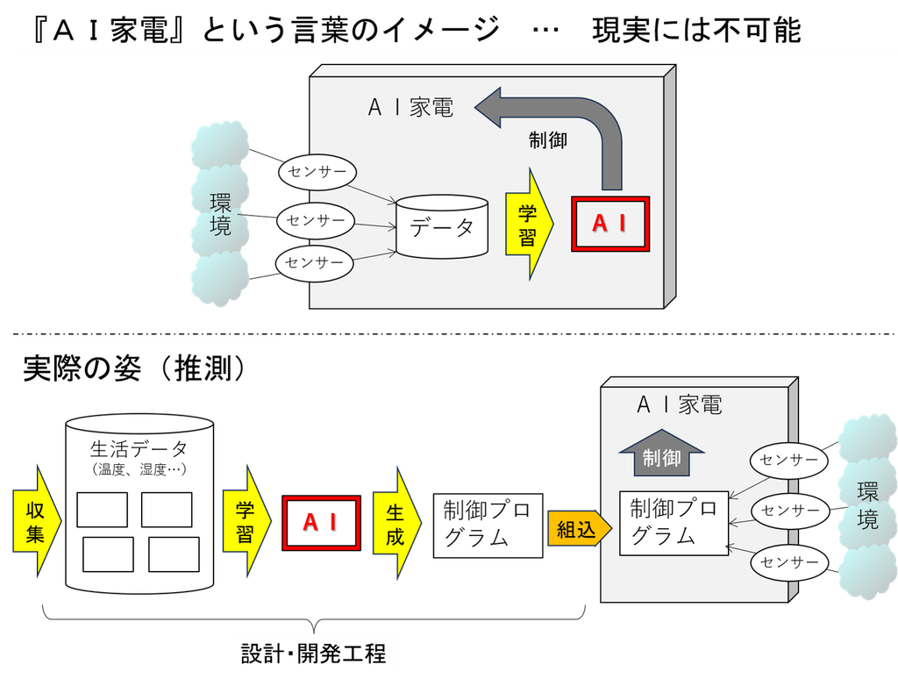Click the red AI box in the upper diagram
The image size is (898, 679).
[x=610, y=224]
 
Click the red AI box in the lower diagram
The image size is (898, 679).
[x=321, y=523]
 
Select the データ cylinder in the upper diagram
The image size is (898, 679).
[x=442, y=226]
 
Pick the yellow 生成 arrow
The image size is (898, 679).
[x=397, y=523]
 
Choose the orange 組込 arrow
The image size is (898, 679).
[x=580, y=528]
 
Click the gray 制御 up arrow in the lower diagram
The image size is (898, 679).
[x=661, y=453]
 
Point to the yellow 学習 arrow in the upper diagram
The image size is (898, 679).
[x=530, y=224]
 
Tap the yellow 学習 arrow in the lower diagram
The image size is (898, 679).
[x=246, y=521]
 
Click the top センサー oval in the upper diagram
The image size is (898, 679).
[x=317, y=171]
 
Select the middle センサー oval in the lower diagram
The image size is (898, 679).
[x=790, y=511]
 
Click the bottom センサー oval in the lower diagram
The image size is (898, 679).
[x=789, y=562]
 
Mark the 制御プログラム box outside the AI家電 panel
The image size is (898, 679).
[x=488, y=525]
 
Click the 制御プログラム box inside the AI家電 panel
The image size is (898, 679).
[x=674, y=523]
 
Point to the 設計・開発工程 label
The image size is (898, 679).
[x=314, y=654]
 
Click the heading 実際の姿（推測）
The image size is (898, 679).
[x=135, y=368]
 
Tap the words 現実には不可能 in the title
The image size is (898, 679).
[x=696, y=30]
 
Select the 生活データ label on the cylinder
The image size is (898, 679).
[x=139, y=448]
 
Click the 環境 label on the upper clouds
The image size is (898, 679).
[x=220, y=214]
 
